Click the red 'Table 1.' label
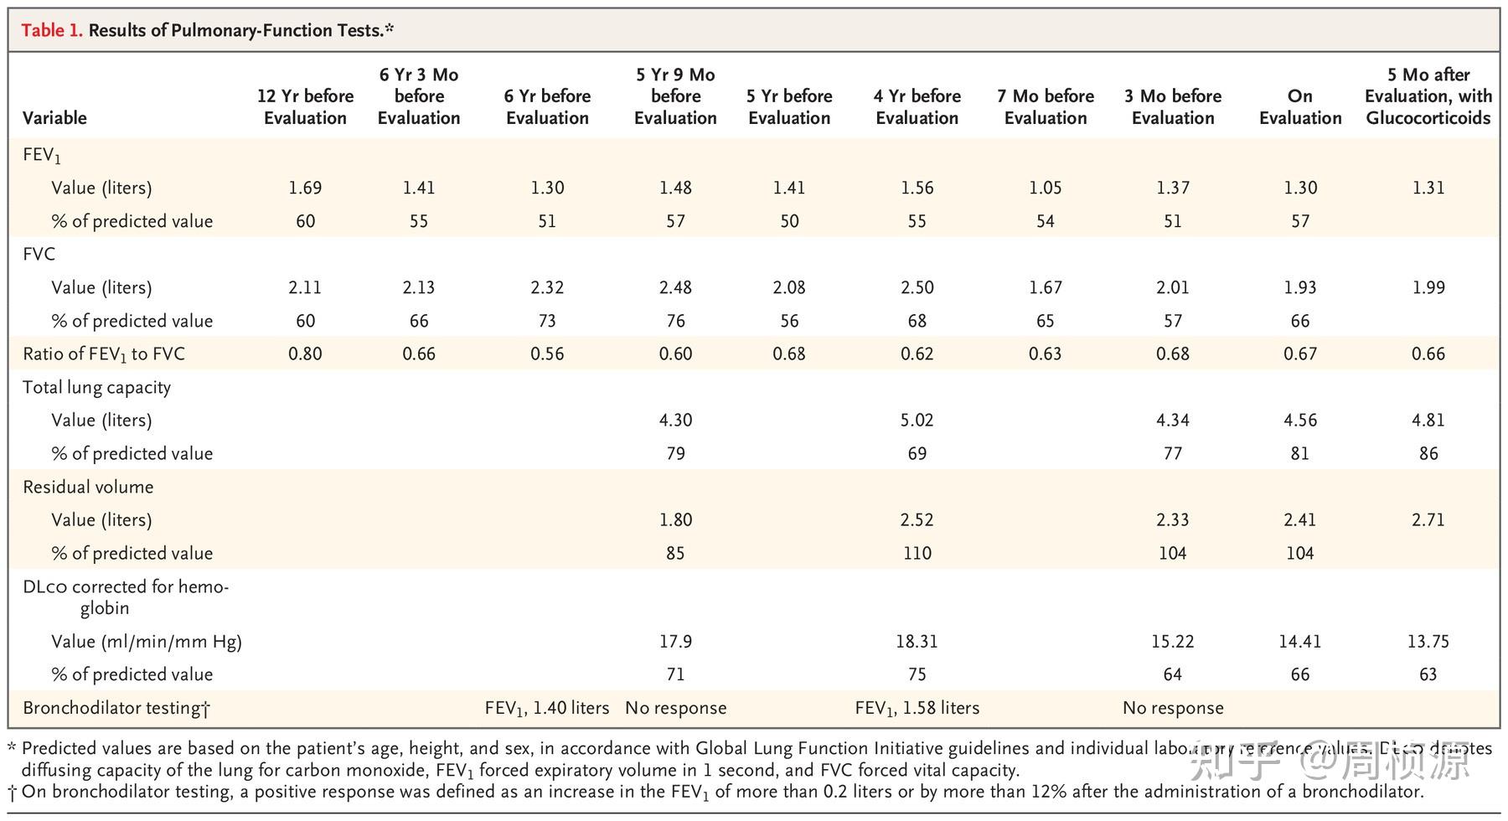51,31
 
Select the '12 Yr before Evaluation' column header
305,106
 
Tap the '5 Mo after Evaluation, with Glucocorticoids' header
1428,96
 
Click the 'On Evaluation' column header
1299,106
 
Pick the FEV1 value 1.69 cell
305,188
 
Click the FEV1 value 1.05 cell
1045,188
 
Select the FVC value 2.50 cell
917,287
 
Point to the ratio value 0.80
305,354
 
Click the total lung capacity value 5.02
917,420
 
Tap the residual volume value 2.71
1428,519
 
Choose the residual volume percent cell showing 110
917,553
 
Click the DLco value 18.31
917,641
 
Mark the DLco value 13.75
1428,641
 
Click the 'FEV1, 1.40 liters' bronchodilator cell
546,708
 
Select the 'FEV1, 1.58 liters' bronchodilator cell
917,708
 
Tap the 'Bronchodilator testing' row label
116,708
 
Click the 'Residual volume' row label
88,487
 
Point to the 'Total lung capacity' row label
96,387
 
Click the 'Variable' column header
54,117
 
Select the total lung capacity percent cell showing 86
1428,453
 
